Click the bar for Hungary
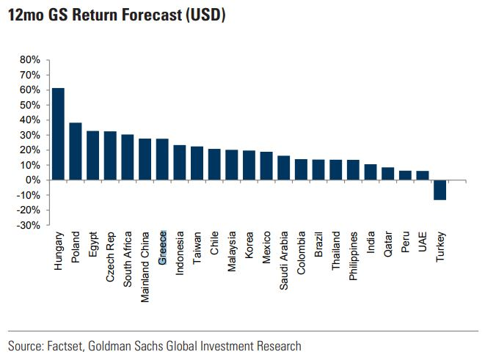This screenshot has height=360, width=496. (x=58, y=134)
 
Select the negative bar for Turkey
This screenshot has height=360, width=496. (x=440, y=190)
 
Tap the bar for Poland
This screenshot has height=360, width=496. (x=76, y=151)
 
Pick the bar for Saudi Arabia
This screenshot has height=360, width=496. (x=284, y=168)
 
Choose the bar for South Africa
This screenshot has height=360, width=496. (x=128, y=157)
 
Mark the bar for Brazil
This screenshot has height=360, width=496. (x=318, y=169)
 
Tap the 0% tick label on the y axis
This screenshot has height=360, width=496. (x=33, y=180)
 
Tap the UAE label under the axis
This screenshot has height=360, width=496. (x=423, y=243)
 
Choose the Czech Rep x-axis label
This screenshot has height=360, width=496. (x=110, y=256)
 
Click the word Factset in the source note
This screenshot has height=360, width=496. (x=65, y=346)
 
